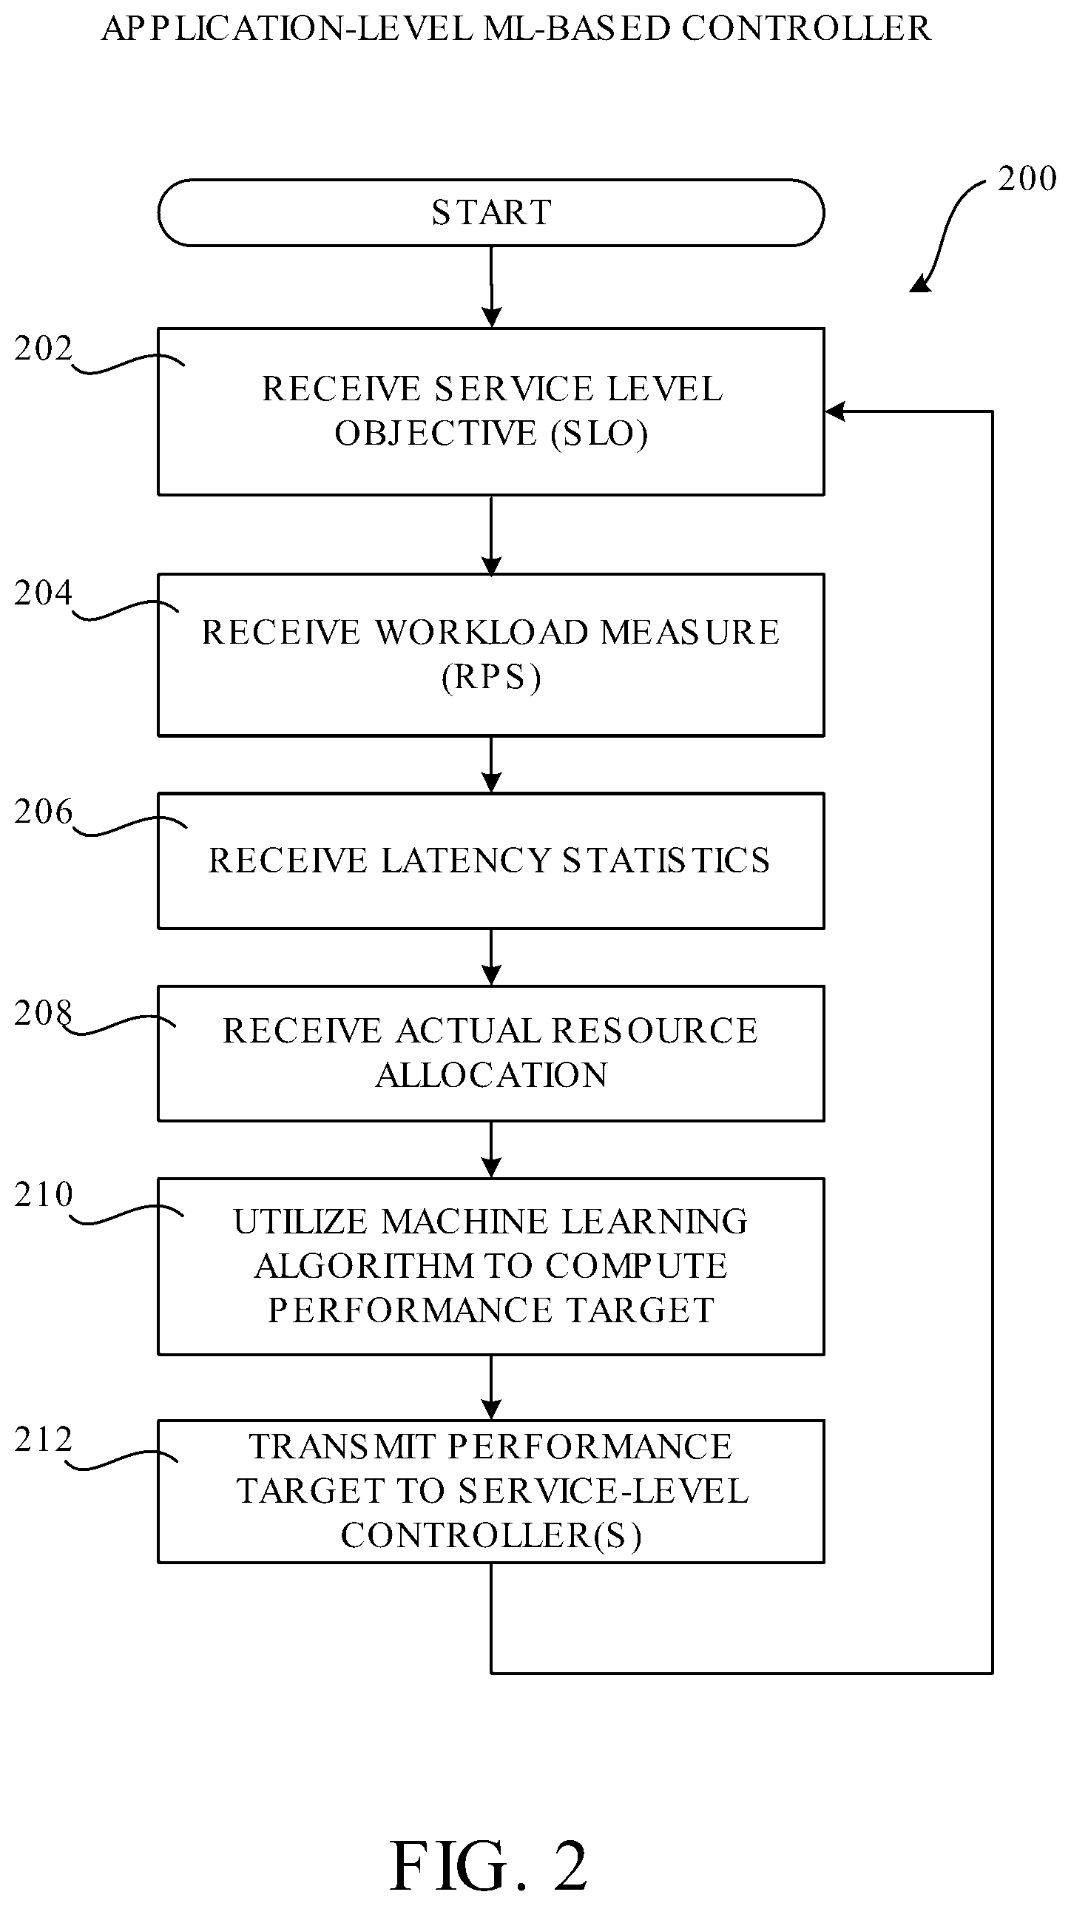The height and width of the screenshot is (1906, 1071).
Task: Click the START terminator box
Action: point(491,212)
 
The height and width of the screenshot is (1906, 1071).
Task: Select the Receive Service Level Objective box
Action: point(491,411)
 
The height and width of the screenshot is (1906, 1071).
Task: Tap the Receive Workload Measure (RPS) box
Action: point(491,655)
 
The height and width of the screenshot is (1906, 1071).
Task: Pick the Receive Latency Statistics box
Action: point(491,861)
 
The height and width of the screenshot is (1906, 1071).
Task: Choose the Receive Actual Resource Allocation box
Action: point(491,1054)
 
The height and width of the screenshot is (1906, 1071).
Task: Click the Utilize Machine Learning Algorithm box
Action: point(491,1266)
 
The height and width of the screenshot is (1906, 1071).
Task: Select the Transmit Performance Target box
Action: point(491,1491)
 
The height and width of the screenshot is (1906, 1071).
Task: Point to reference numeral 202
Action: point(44,348)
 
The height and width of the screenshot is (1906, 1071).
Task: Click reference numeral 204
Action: point(44,593)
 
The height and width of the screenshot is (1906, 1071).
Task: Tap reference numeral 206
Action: point(44,812)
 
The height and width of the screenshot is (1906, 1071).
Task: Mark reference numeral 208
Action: point(44,1013)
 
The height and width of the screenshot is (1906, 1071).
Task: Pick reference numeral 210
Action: point(44,1194)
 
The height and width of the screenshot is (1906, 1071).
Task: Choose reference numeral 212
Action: point(44,1439)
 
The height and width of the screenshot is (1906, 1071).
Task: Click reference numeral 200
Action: point(1027,179)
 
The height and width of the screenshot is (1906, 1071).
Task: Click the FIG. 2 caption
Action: point(490,1865)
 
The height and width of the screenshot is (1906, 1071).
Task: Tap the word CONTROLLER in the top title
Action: point(806,29)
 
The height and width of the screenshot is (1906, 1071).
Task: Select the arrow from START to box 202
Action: point(491,286)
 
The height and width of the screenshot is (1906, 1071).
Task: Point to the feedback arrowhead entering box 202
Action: point(834,411)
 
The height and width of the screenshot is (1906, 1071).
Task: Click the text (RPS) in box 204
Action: point(491,677)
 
